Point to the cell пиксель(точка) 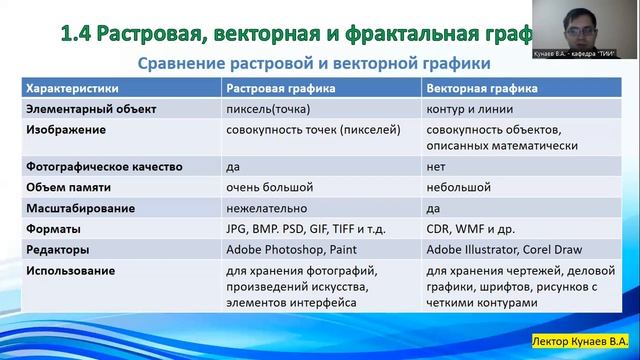pyautogui.click(x=268, y=109)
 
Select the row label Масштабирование pyautogui.click(x=79, y=208)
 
